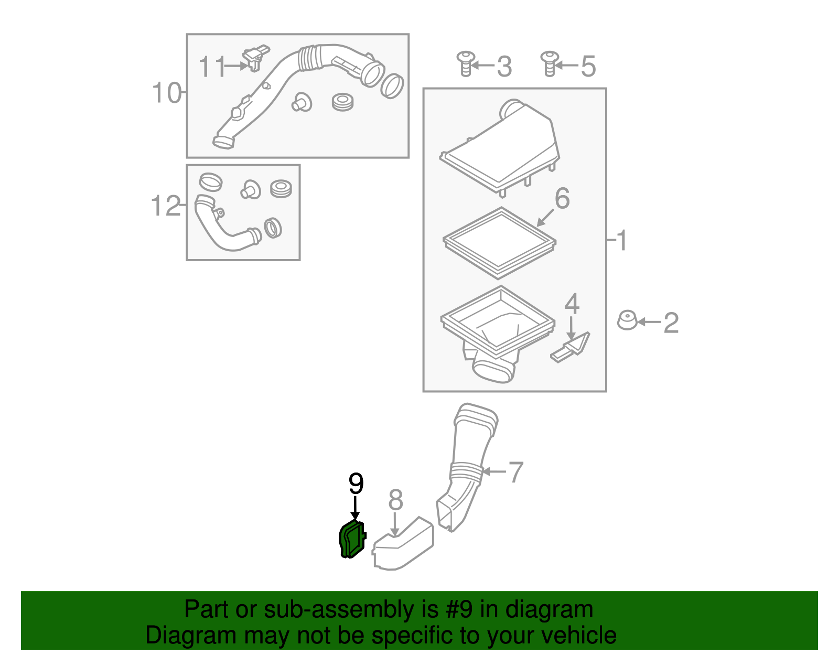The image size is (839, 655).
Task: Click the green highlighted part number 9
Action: (x=351, y=540)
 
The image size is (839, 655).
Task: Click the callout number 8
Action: (x=396, y=500)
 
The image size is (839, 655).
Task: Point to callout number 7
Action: (x=515, y=472)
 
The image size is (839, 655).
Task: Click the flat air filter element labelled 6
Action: (x=499, y=243)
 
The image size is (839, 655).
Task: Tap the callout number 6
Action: (x=562, y=199)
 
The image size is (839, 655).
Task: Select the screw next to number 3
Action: (x=465, y=63)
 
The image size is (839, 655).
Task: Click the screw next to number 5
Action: (x=549, y=63)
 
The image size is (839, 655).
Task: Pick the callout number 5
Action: (x=588, y=67)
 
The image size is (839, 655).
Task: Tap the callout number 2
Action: (x=671, y=323)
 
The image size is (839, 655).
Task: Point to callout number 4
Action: (x=572, y=304)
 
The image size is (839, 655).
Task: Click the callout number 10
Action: (x=166, y=93)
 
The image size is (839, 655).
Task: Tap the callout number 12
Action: (x=165, y=206)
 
